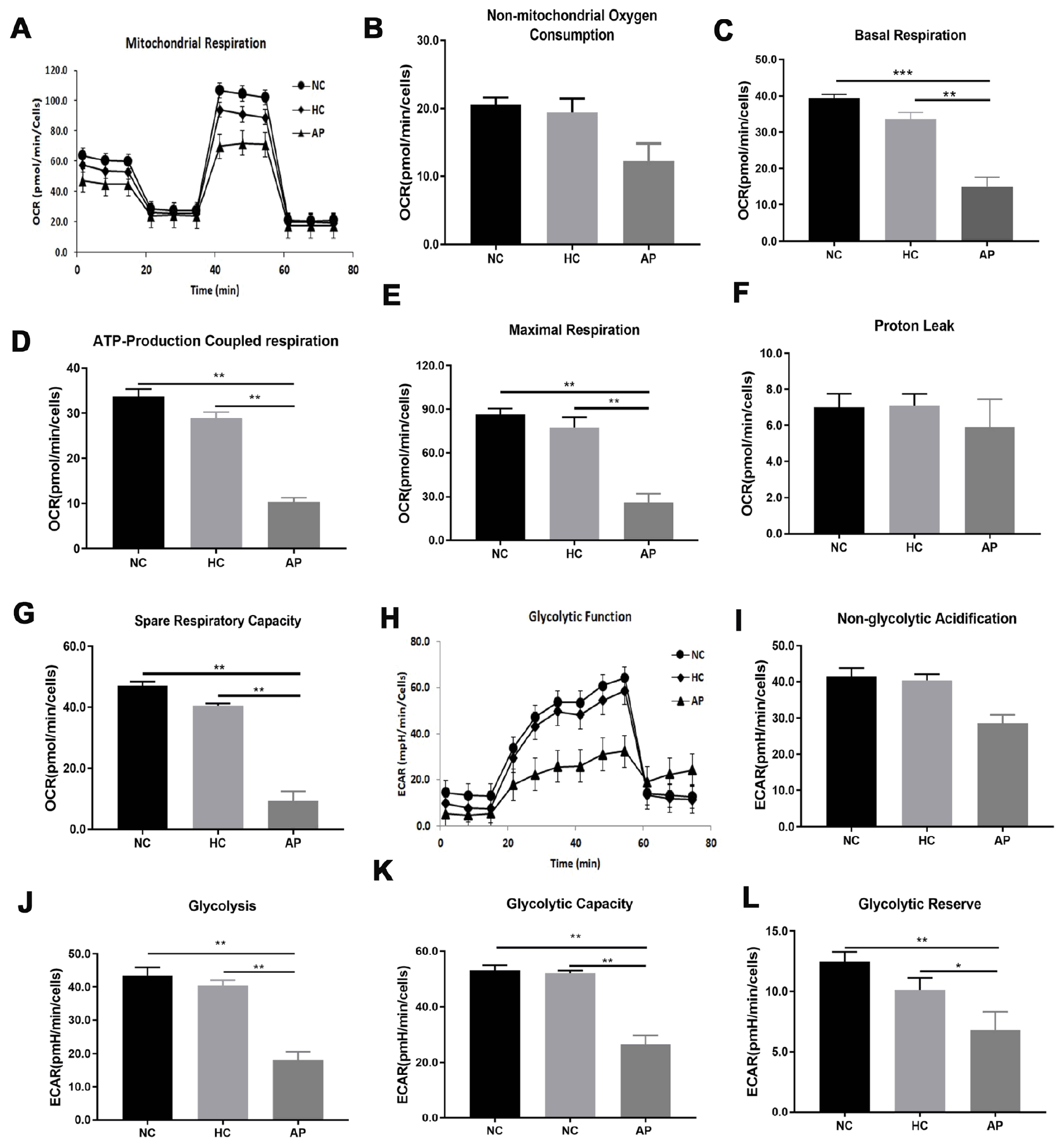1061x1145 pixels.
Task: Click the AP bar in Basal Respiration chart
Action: [987, 213]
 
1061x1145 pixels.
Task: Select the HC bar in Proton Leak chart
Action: [914, 470]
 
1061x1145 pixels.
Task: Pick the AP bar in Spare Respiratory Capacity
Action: [293, 815]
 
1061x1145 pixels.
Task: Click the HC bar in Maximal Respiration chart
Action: [574, 484]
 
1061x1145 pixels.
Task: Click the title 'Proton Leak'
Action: [914, 326]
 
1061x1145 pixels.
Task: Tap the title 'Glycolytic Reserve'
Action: [919, 904]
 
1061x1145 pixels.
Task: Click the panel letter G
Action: [24, 614]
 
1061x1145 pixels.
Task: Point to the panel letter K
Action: [383, 870]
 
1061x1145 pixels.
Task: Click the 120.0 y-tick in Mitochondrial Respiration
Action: [56, 70]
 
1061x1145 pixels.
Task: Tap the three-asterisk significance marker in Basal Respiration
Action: [903, 73]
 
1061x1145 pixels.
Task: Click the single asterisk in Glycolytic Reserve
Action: [958, 966]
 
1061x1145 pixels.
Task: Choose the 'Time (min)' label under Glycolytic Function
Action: [575, 863]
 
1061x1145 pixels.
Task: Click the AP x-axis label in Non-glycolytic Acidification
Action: [1002, 840]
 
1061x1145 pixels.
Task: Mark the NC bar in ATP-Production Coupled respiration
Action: [138, 472]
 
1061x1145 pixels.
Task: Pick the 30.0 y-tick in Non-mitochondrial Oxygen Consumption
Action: [431, 41]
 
